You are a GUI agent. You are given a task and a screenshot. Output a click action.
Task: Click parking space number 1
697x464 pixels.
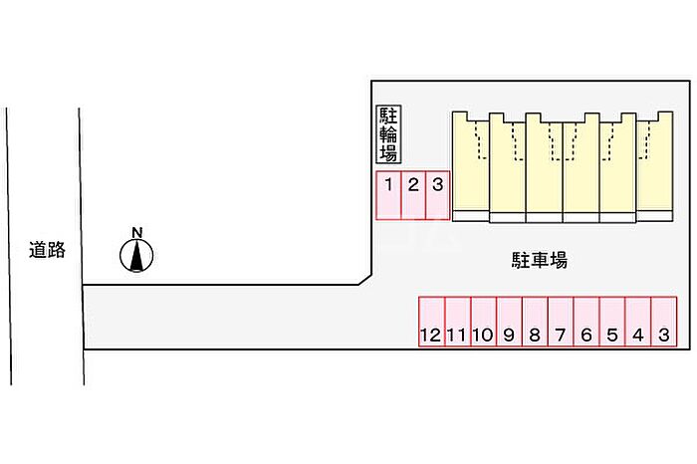point(389,195)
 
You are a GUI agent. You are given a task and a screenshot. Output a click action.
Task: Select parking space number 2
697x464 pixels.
point(414,195)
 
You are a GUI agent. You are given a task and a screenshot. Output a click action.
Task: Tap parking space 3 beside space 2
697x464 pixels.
point(438,195)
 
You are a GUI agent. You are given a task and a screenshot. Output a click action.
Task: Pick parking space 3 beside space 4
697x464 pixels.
point(664,322)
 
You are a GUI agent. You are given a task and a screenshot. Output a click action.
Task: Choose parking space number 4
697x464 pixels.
point(638,322)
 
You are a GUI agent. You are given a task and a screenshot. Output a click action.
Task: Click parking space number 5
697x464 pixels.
point(612,322)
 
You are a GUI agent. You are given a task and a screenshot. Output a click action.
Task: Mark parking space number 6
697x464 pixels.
point(586,322)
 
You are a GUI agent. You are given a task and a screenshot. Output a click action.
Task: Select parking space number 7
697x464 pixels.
point(561,322)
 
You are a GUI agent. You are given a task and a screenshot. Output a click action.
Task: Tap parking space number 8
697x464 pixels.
point(536,322)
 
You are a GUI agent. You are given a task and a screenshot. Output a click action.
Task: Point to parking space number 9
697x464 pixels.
point(510,322)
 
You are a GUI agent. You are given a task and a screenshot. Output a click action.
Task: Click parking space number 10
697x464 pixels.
point(484,322)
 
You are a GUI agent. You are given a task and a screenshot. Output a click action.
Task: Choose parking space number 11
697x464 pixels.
point(458,322)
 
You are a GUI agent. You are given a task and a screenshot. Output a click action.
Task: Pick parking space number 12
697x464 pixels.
point(432,322)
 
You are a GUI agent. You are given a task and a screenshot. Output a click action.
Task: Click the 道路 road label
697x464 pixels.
point(47,250)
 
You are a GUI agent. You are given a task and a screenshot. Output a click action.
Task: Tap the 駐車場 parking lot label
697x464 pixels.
point(540,260)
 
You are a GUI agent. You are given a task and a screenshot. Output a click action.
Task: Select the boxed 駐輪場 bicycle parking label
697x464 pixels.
point(388,134)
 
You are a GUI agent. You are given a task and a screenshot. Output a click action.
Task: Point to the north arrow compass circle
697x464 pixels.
point(136,255)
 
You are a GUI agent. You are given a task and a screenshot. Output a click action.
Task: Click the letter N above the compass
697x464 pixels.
point(137,232)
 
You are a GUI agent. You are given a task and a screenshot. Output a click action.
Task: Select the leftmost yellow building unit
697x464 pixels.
point(471,166)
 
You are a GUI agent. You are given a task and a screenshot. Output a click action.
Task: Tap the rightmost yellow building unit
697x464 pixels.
point(655,166)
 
